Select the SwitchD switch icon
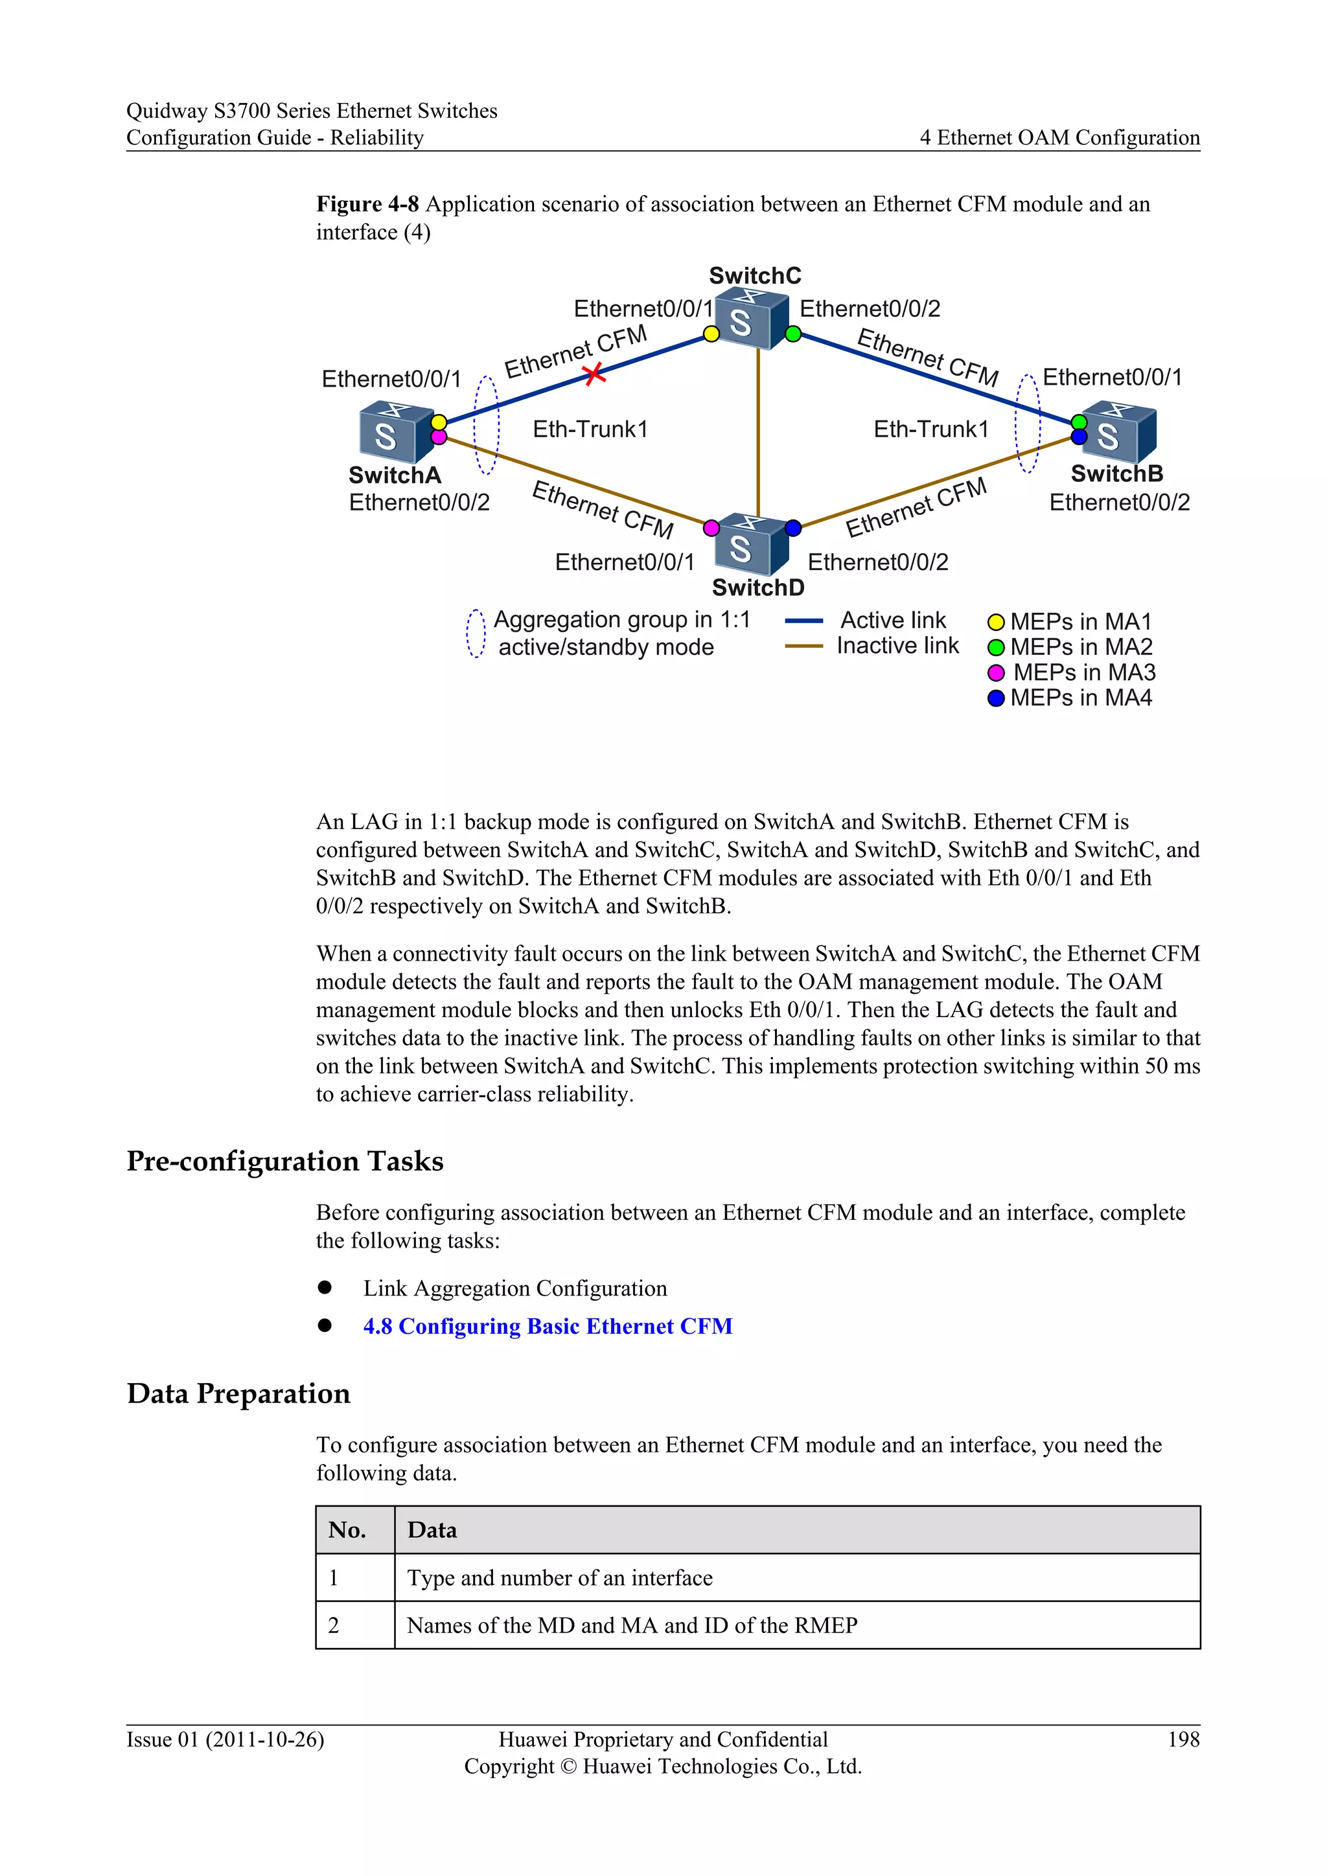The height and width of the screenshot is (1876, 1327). click(x=751, y=545)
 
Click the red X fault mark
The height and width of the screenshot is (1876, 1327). click(x=594, y=374)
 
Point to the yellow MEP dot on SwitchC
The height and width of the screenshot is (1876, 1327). click(x=711, y=334)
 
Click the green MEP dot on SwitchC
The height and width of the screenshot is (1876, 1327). click(x=792, y=334)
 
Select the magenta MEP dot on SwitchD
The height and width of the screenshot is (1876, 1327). click(x=711, y=528)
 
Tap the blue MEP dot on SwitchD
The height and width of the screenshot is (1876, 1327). click(x=792, y=528)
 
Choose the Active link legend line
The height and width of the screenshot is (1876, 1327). click(x=803, y=621)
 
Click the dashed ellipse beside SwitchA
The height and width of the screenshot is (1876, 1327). click(x=487, y=425)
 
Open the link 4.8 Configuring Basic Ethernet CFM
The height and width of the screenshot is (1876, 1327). click(x=548, y=1326)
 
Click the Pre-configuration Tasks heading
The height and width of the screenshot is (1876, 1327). click(x=284, y=1161)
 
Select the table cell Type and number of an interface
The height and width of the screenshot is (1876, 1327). click(x=560, y=1578)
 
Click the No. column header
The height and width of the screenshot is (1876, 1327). click(x=347, y=1530)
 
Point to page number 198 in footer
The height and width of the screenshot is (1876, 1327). click(x=1183, y=1739)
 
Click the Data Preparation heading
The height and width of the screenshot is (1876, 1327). click(x=238, y=1393)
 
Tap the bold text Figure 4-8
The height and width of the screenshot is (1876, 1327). click(x=367, y=204)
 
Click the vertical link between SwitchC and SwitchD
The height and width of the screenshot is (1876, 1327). click(x=758, y=433)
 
